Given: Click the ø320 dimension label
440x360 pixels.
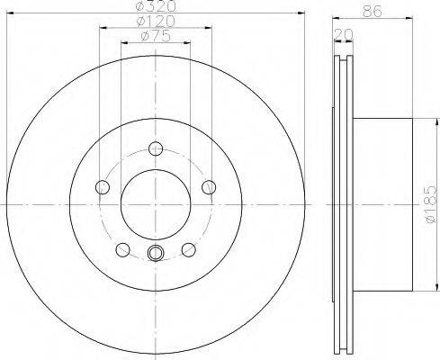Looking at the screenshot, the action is [156, 6].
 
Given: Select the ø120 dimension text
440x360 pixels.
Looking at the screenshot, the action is [156, 21].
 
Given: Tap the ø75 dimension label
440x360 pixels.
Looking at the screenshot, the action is [156, 36].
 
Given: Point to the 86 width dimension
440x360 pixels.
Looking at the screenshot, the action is [373, 12].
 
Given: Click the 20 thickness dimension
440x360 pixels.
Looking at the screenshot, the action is [344, 34].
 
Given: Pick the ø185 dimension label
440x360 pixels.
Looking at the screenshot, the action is [431, 204].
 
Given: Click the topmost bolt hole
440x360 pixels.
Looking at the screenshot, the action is [156, 148].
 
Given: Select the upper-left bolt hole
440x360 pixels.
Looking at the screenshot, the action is [103, 187].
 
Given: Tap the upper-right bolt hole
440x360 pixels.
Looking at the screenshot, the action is [209, 187].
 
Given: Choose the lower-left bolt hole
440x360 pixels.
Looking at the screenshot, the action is [122, 249].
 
